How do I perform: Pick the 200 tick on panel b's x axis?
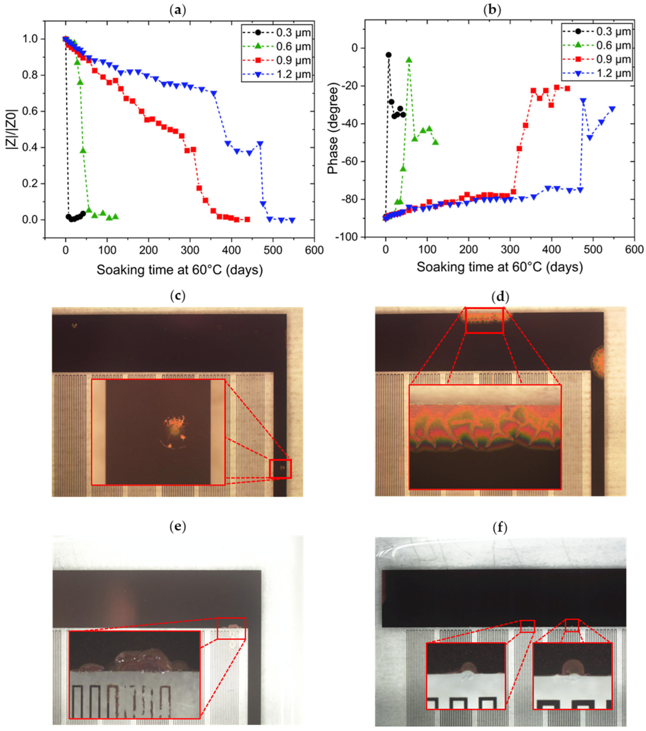pos(468,249)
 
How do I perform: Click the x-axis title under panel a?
pos(179,270)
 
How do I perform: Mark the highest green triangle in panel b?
pos(409,60)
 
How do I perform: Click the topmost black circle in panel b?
pos(388,55)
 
